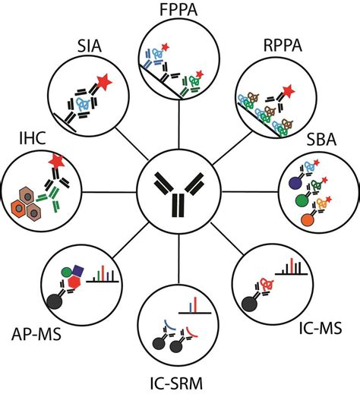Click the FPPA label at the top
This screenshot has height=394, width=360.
coord(179,11)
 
